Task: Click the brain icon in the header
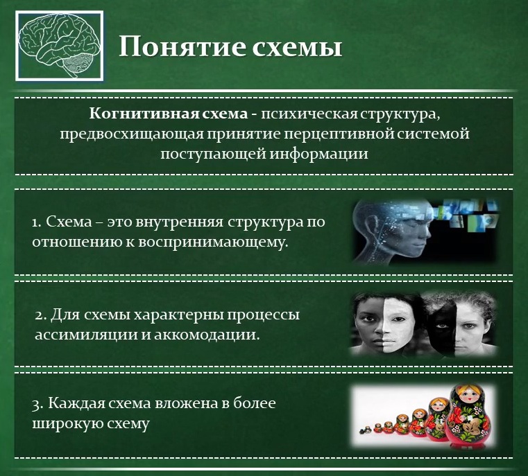(x=61, y=47)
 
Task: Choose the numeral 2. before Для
(x=40, y=315)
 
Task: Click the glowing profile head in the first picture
(x=393, y=232)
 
